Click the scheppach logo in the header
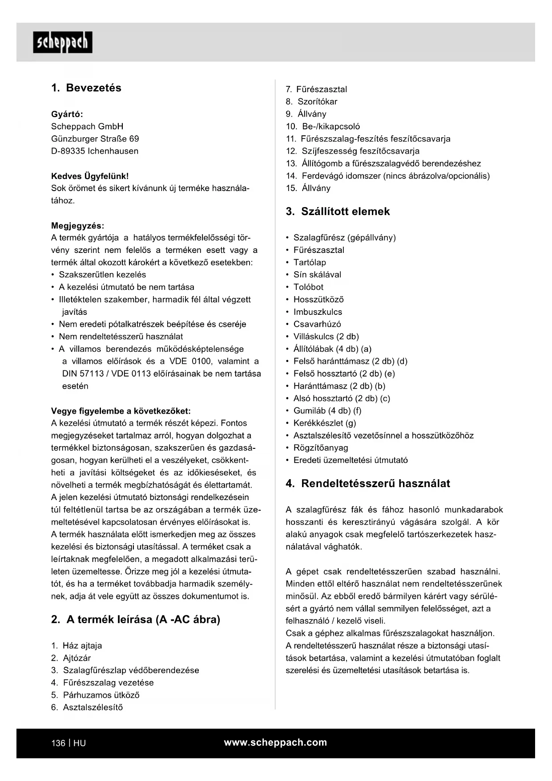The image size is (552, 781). [x=62, y=42]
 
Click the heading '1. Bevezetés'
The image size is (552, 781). [x=86, y=88]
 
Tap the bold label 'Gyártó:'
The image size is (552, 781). [x=67, y=114]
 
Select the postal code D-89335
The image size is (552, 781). [x=68, y=151]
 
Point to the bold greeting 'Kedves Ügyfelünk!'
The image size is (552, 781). [x=90, y=176]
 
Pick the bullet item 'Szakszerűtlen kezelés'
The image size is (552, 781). [x=102, y=275]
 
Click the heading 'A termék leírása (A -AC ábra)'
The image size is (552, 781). [x=143, y=619]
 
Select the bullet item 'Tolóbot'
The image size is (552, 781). [x=308, y=287]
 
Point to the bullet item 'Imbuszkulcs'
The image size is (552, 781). [x=318, y=312]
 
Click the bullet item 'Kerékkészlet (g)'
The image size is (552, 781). [x=325, y=423]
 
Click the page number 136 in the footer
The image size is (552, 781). [x=58, y=743]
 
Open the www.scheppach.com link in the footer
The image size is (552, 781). [x=275, y=742]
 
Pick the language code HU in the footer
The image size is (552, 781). [x=80, y=743]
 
